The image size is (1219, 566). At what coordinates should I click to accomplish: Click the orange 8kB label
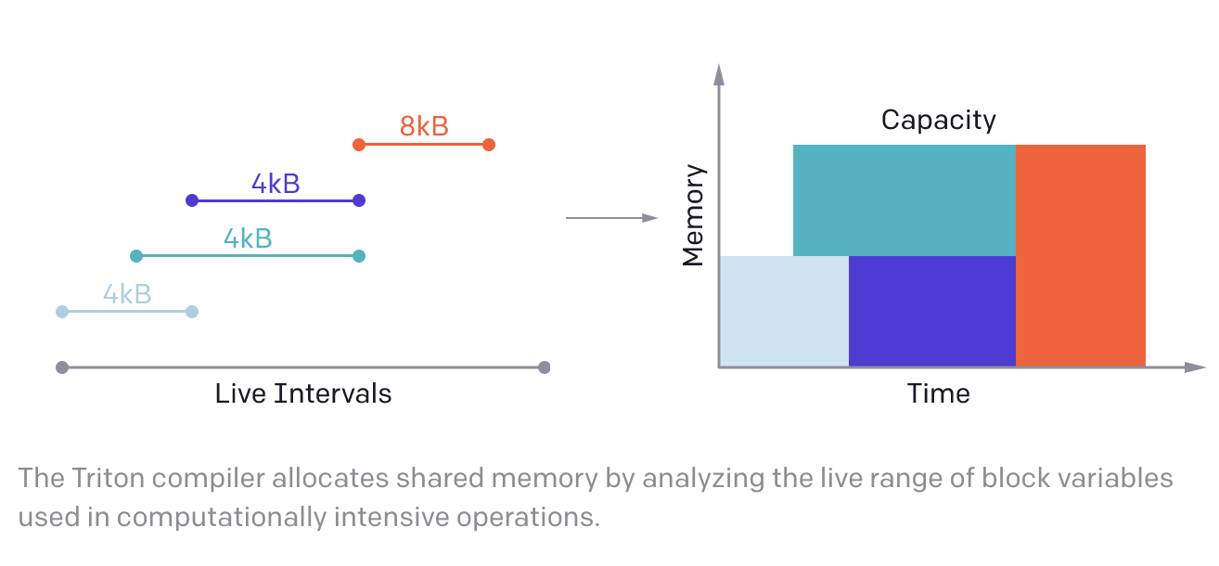click(424, 126)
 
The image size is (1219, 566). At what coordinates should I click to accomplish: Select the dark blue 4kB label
click(276, 184)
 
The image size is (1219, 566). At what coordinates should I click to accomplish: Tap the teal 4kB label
click(248, 238)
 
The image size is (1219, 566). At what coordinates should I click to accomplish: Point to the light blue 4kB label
click(127, 294)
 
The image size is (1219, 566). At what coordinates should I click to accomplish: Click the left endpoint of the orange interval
click(359, 145)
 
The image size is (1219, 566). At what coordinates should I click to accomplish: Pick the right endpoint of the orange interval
click(489, 145)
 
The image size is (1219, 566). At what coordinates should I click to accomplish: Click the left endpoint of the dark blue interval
click(192, 200)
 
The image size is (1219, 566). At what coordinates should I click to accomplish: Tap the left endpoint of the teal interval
click(136, 256)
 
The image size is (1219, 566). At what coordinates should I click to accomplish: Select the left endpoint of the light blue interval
click(62, 312)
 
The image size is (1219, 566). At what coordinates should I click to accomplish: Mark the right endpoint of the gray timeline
click(544, 367)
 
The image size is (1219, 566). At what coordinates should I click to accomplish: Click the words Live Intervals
click(303, 393)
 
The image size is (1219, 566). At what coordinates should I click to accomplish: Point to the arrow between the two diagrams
click(611, 218)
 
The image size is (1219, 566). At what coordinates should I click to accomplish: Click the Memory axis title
click(693, 215)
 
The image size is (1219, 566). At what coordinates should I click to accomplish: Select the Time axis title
click(938, 393)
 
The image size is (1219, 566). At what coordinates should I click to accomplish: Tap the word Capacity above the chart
click(939, 121)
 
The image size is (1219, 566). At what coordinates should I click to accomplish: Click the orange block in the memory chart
click(1081, 256)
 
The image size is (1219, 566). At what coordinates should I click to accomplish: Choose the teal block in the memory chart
click(905, 200)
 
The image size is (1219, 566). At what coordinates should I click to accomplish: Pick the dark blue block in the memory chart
click(932, 312)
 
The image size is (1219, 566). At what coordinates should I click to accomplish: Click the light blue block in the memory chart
click(784, 312)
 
